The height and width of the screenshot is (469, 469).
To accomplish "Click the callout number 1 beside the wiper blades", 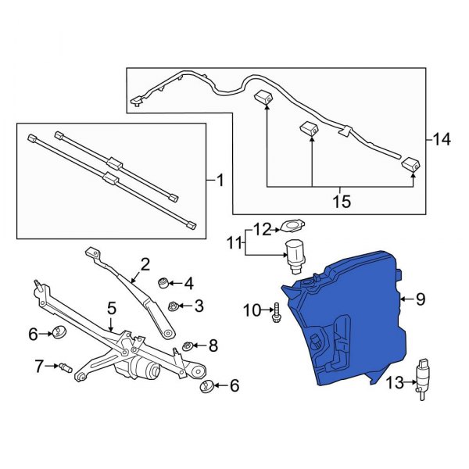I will click(220, 181).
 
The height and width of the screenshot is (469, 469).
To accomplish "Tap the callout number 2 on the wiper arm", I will click(144, 263).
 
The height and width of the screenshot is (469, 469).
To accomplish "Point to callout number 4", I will click(188, 282).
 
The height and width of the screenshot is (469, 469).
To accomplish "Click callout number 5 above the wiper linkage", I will click(111, 307).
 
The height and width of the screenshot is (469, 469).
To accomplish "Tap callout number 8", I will click(213, 344).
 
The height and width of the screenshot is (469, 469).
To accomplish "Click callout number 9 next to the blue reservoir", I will click(420, 298).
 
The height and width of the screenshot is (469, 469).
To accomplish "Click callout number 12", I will click(263, 229).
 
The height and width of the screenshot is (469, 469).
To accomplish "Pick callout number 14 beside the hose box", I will click(442, 140).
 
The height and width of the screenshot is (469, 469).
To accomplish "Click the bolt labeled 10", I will click(277, 313).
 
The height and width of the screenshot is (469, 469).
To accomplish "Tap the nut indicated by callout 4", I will click(164, 282).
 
